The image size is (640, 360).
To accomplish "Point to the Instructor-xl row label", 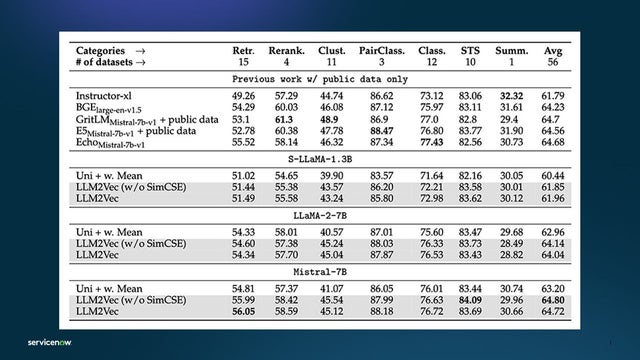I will coord(103,95).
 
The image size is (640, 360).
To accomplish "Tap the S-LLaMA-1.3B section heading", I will coord(319,158).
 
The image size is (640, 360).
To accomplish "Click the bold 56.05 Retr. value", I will coord(243,311).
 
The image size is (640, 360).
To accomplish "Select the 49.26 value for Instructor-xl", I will coord(243,95).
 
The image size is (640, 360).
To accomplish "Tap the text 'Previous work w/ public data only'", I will coord(319,77).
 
